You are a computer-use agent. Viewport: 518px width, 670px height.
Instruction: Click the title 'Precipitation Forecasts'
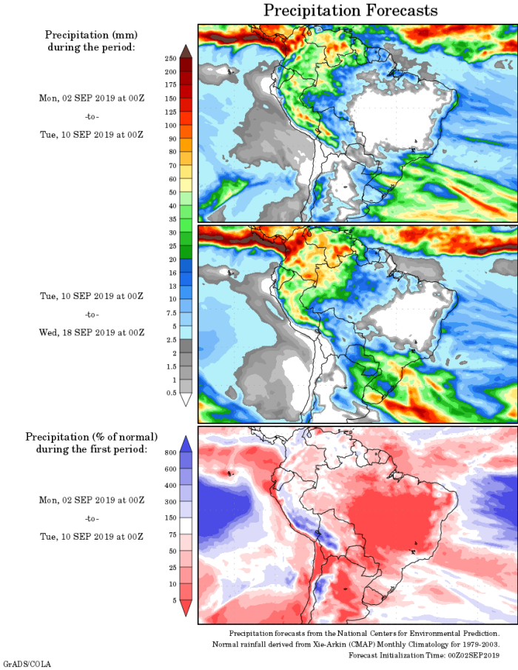351,10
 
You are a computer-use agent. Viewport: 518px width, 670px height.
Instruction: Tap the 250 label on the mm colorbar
170,58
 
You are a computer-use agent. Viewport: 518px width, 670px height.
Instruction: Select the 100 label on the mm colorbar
170,125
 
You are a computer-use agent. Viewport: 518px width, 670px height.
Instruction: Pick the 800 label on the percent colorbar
169,452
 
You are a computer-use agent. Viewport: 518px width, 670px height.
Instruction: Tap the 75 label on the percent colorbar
172,534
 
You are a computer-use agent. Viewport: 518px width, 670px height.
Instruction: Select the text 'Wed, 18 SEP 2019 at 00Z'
91,332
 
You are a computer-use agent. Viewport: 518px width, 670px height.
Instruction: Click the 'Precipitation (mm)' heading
91,35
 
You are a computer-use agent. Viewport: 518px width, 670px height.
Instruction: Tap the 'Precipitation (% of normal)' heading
91,437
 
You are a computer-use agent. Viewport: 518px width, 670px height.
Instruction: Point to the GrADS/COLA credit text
26,665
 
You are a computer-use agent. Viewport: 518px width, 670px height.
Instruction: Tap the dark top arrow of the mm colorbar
186,50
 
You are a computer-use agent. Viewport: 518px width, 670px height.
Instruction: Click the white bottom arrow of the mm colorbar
186,400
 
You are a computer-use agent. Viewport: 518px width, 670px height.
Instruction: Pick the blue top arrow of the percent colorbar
186,443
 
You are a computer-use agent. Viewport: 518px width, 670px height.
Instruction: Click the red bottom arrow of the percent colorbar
186,609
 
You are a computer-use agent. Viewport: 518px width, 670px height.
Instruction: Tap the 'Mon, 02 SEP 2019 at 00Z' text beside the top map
91,98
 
